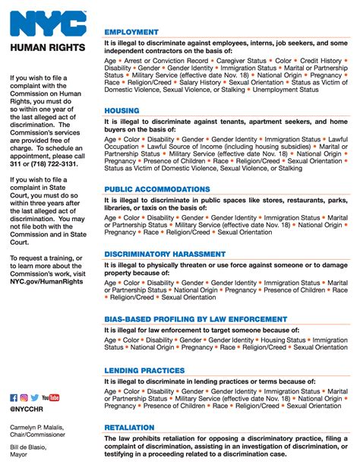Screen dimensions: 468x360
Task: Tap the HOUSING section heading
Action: (122, 111)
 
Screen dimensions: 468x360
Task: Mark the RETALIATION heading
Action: (129, 428)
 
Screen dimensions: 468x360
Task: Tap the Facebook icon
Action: (14, 397)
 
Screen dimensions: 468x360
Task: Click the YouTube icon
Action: (51, 397)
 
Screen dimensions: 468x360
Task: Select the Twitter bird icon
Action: (34, 397)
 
